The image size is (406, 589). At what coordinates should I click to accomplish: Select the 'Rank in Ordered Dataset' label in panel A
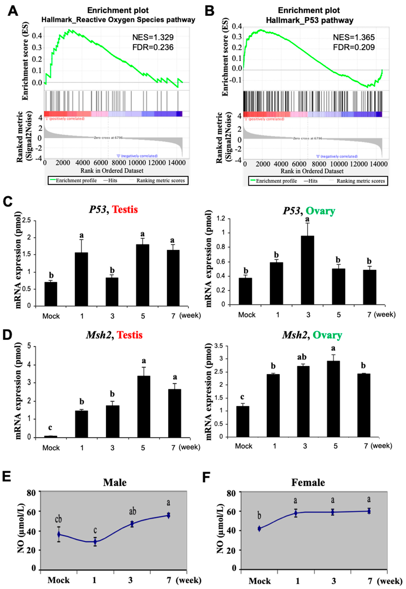tap(112, 171)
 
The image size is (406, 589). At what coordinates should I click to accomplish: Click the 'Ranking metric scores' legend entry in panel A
tap(160, 180)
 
